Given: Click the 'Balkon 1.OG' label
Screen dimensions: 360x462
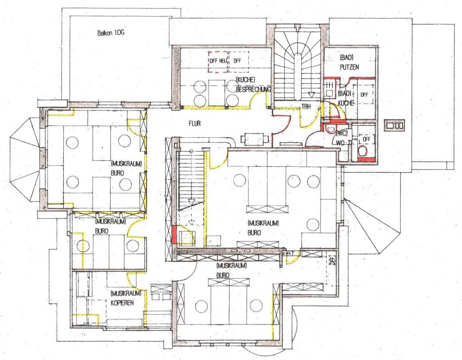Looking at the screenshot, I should point(110,33).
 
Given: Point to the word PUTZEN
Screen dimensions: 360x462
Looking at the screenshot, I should point(350,67).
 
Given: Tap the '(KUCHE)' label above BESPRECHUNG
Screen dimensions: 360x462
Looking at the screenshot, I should point(245,80).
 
